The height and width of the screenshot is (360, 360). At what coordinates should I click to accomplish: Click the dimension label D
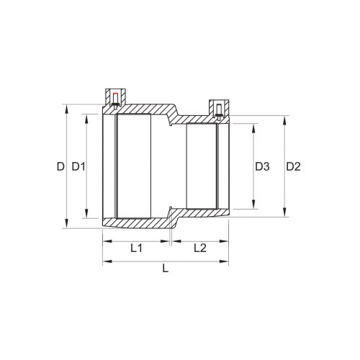tap(60, 167)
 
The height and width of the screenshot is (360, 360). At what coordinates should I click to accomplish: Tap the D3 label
tap(262, 167)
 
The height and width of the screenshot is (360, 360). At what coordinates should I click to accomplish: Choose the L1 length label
tap(136, 248)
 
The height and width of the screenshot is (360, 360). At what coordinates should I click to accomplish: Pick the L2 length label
tap(200, 248)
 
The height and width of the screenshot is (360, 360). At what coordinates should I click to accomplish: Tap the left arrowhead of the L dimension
tap(107, 259)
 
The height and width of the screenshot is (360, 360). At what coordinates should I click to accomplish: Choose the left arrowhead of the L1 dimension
tap(107, 239)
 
